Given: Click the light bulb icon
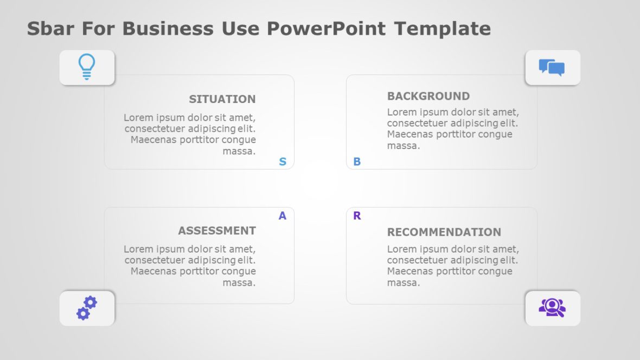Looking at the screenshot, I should (x=87, y=67).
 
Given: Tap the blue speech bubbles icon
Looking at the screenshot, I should (x=552, y=67).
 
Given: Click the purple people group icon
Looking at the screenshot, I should (x=552, y=307).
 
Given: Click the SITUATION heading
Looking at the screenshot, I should (x=222, y=99).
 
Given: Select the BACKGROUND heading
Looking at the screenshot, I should (x=428, y=96).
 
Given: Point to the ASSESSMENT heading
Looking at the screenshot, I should (x=216, y=230).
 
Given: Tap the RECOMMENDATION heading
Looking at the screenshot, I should (x=444, y=232).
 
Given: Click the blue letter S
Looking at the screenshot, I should (x=283, y=162).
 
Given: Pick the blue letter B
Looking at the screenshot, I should (x=357, y=162).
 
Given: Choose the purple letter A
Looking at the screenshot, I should (x=283, y=216).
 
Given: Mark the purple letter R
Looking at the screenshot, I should (x=357, y=216).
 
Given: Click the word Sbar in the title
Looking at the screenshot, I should (x=52, y=28).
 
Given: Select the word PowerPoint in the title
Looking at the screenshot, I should (x=325, y=28).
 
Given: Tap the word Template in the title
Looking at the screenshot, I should (x=443, y=28).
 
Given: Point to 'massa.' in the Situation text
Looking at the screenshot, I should (x=239, y=151).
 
